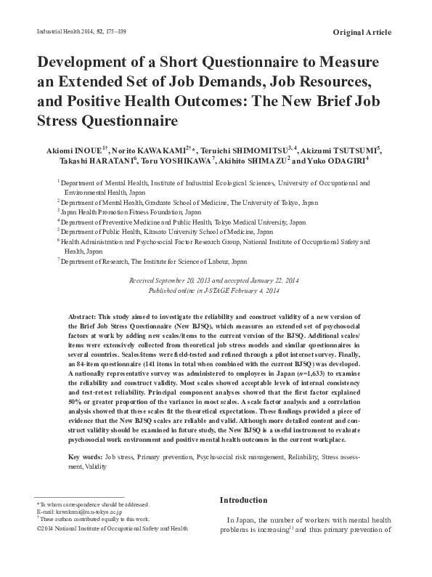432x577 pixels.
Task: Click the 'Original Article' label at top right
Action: [362, 33]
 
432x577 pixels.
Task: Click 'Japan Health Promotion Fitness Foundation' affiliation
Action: [118, 214]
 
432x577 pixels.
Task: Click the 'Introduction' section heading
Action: [243, 501]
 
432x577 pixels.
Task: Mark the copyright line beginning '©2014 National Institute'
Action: [112, 529]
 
